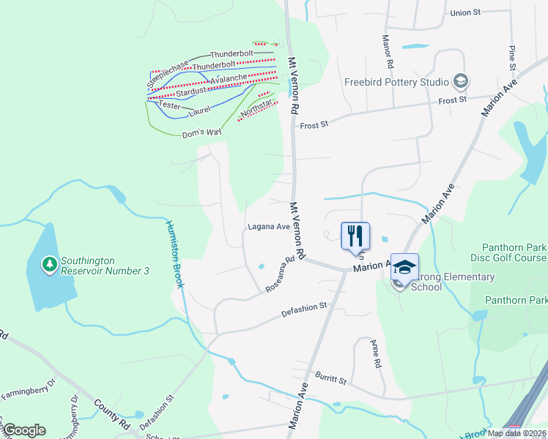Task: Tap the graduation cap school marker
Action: point(404,267)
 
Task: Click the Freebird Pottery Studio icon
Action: point(461,80)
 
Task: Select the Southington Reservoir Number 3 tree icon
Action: point(49,263)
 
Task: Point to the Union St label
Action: point(465,12)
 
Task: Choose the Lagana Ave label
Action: point(269,227)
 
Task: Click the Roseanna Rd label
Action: point(284,271)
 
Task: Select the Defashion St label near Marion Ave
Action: point(304,311)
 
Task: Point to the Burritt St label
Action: point(330,377)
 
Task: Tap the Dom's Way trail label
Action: point(201,132)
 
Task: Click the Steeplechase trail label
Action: point(173,64)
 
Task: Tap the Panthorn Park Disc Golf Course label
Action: point(514,253)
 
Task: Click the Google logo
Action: point(24,430)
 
